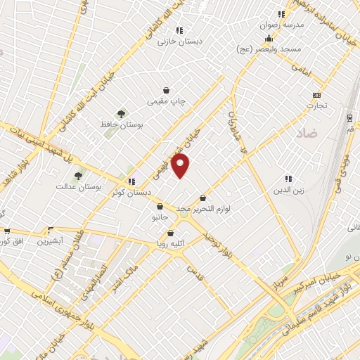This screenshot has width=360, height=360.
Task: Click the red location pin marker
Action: click(x=181, y=166)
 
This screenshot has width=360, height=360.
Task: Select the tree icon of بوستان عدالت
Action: click(x=78, y=176)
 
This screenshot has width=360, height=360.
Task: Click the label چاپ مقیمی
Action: click(x=166, y=101)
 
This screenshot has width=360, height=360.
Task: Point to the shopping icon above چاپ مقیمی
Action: click(x=166, y=90)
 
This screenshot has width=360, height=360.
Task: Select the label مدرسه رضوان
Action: click(x=281, y=25)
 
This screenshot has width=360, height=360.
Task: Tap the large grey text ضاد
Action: click(x=308, y=132)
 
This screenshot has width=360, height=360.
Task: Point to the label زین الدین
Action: click(x=288, y=190)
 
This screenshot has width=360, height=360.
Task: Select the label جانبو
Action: click(x=160, y=218)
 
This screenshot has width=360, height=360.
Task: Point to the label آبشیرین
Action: click(x=51, y=240)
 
